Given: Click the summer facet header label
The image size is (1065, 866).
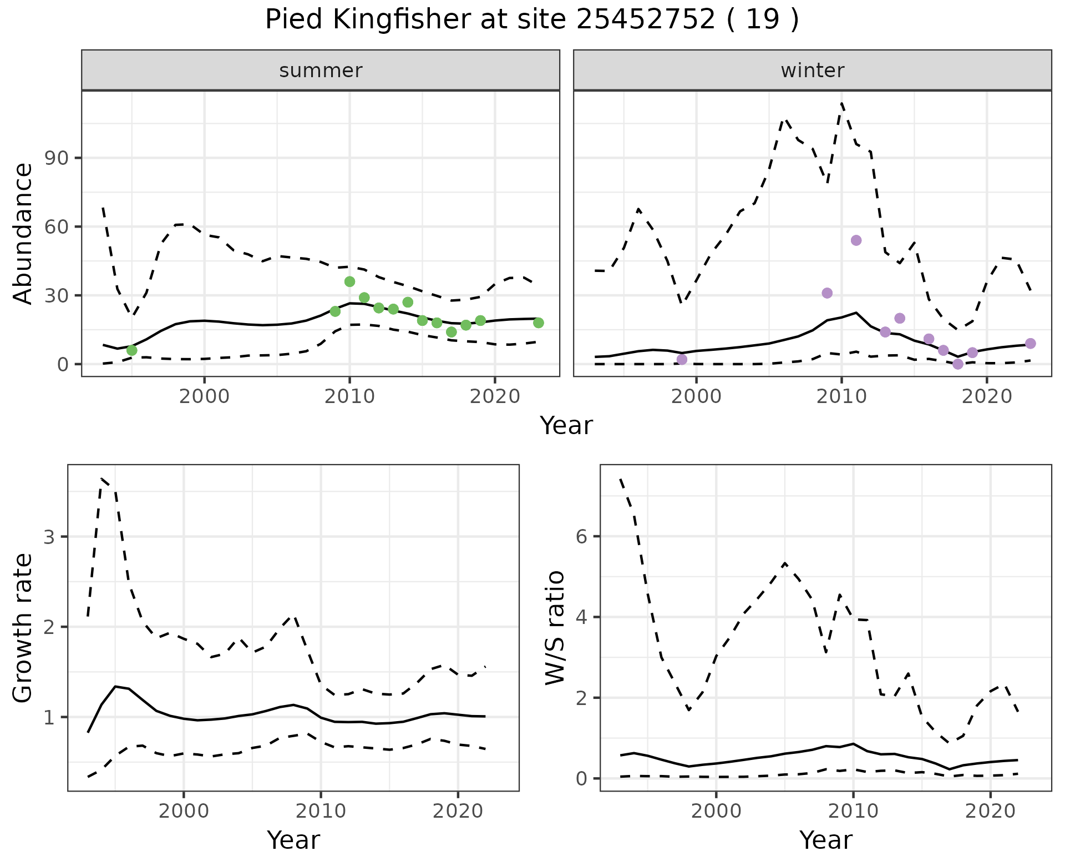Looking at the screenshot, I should pyautogui.click(x=321, y=71).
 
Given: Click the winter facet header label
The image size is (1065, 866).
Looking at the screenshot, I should pyautogui.click(x=812, y=71).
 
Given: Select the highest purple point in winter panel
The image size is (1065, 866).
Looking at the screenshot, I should pyautogui.click(x=856, y=240).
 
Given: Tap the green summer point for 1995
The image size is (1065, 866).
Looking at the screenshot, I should pyautogui.click(x=131, y=350).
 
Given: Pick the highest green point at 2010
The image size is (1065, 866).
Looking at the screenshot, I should pyautogui.click(x=349, y=281).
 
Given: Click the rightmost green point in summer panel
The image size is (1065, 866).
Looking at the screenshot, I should pyautogui.click(x=538, y=323).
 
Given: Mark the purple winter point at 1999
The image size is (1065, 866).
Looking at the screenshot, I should pyautogui.click(x=682, y=360).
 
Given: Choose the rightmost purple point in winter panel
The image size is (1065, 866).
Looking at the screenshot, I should pyautogui.click(x=1030, y=344).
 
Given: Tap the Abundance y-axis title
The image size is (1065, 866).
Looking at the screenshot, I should pyautogui.click(x=23, y=233).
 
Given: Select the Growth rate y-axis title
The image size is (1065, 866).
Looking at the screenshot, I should pyautogui.click(x=23, y=628).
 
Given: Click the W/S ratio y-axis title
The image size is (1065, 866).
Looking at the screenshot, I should pyautogui.click(x=555, y=628).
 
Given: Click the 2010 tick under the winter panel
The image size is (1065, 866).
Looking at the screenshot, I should pyautogui.click(x=841, y=397).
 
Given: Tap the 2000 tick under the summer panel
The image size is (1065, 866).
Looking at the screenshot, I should pyautogui.click(x=204, y=397).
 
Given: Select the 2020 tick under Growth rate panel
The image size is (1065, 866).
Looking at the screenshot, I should pyautogui.click(x=458, y=811).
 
